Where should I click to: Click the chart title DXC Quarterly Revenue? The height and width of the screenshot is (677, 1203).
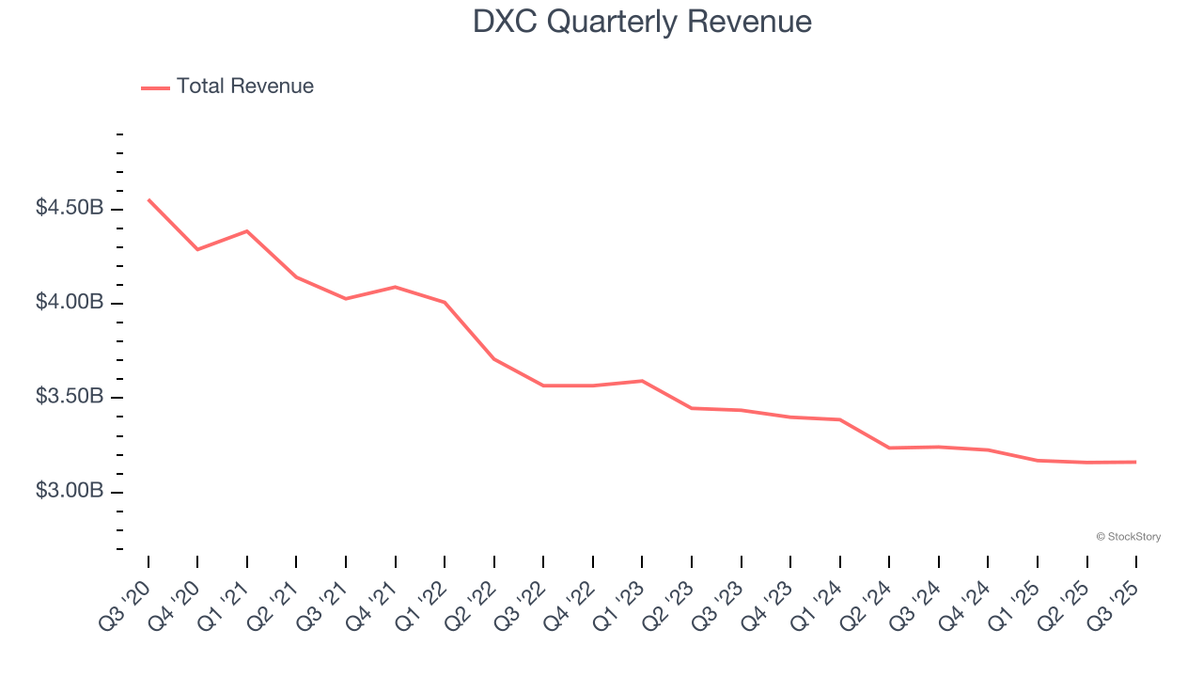pyautogui.click(x=642, y=22)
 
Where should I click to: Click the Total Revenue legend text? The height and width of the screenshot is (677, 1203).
pyautogui.click(x=244, y=87)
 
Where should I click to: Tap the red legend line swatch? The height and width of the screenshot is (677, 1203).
pyautogui.click(x=155, y=87)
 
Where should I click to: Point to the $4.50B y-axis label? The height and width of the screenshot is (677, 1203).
pyautogui.click(x=70, y=208)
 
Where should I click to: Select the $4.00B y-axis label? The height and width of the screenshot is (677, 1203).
pyautogui.click(x=70, y=303)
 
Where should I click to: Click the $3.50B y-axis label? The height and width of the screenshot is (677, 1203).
pyautogui.click(x=70, y=397)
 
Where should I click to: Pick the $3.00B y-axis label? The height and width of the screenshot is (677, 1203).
pyautogui.click(x=70, y=492)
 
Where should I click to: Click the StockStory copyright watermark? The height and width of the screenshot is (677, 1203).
pyautogui.click(x=1128, y=537)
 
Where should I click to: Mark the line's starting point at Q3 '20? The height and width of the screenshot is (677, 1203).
pyautogui.click(x=148, y=199)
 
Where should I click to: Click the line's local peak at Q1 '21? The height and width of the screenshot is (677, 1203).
pyautogui.click(x=247, y=230)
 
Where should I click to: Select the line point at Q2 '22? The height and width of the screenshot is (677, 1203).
pyautogui.click(x=494, y=359)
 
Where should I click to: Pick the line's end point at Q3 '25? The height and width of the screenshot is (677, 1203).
pyautogui.click(x=1136, y=462)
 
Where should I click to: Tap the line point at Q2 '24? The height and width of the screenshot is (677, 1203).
pyautogui.click(x=889, y=448)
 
